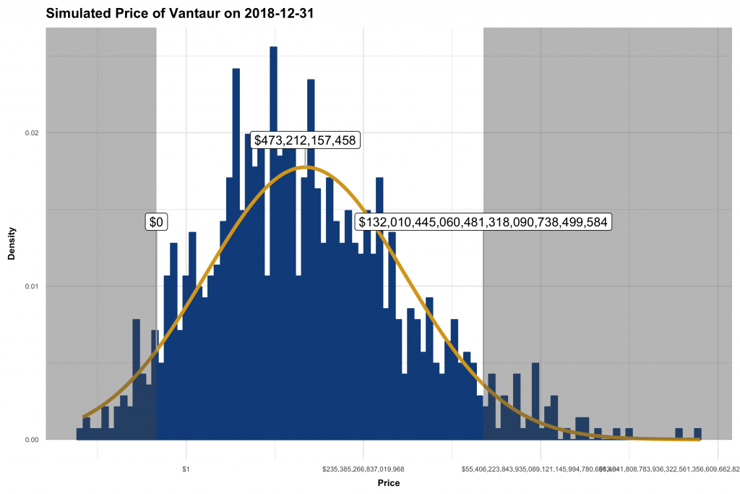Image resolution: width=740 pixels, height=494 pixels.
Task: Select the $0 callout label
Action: coord(156,222)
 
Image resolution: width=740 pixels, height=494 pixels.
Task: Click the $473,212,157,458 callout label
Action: coord(305,140)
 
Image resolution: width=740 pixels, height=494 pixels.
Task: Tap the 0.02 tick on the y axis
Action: coord(32,133)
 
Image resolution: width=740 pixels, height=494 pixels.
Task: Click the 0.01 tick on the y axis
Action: coord(32,286)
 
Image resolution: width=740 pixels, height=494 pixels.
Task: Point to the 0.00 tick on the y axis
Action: coord(32,440)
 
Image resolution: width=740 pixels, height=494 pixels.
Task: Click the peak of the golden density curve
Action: coord(306,167)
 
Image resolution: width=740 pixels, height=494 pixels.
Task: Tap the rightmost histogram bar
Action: coord(697,434)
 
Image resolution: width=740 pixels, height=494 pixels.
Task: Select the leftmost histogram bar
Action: coord(79,434)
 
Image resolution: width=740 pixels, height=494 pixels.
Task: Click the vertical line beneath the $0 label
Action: coord(156,325)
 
